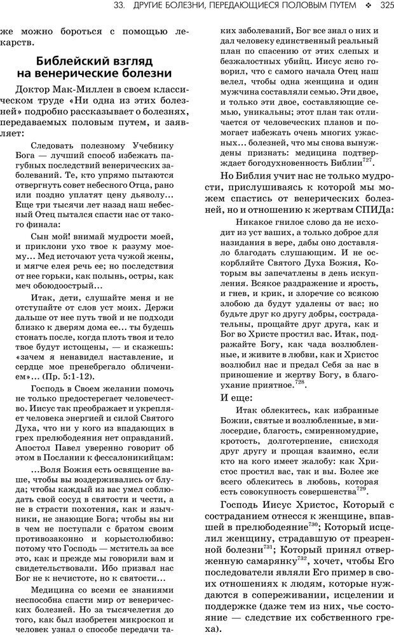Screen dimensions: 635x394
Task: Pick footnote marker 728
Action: pos(301,382)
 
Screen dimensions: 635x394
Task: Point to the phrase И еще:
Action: pos(236,398)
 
